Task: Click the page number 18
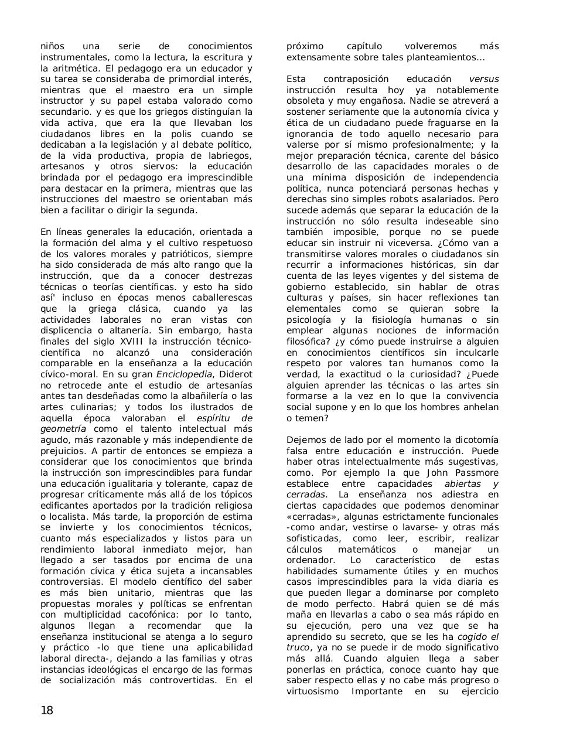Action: pyautogui.click(x=47, y=711)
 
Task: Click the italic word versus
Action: pyautogui.click(x=484, y=79)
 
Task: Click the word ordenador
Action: pyautogui.click(x=311, y=560)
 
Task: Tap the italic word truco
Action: pyautogui.click(x=298, y=647)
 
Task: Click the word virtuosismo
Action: pyautogui.click(x=313, y=691)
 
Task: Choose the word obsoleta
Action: pyautogui.click(x=307, y=101)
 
